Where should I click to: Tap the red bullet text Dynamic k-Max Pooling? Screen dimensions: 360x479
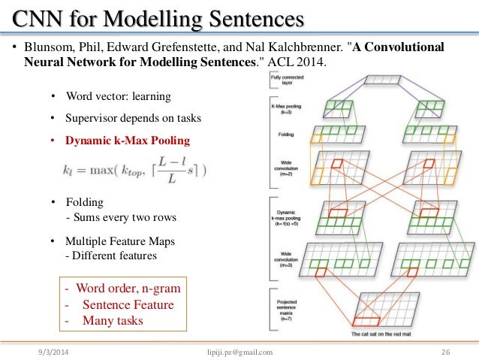pyautogui.click(x=127, y=141)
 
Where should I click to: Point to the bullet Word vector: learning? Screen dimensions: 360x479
pyautogui.click(x=118, y=96)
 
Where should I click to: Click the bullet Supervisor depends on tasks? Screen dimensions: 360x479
pyautogui.click(x=133, y=118)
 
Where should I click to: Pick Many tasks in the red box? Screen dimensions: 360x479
pyautogui.click(x=113, y=320)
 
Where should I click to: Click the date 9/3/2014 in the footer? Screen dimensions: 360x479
pyautogui.click(x=56, y=351)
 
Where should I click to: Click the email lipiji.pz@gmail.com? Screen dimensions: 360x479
pyautogui.click(x=239, y=351)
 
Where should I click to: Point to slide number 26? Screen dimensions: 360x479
pyautogui.click(x=445, y=351)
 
